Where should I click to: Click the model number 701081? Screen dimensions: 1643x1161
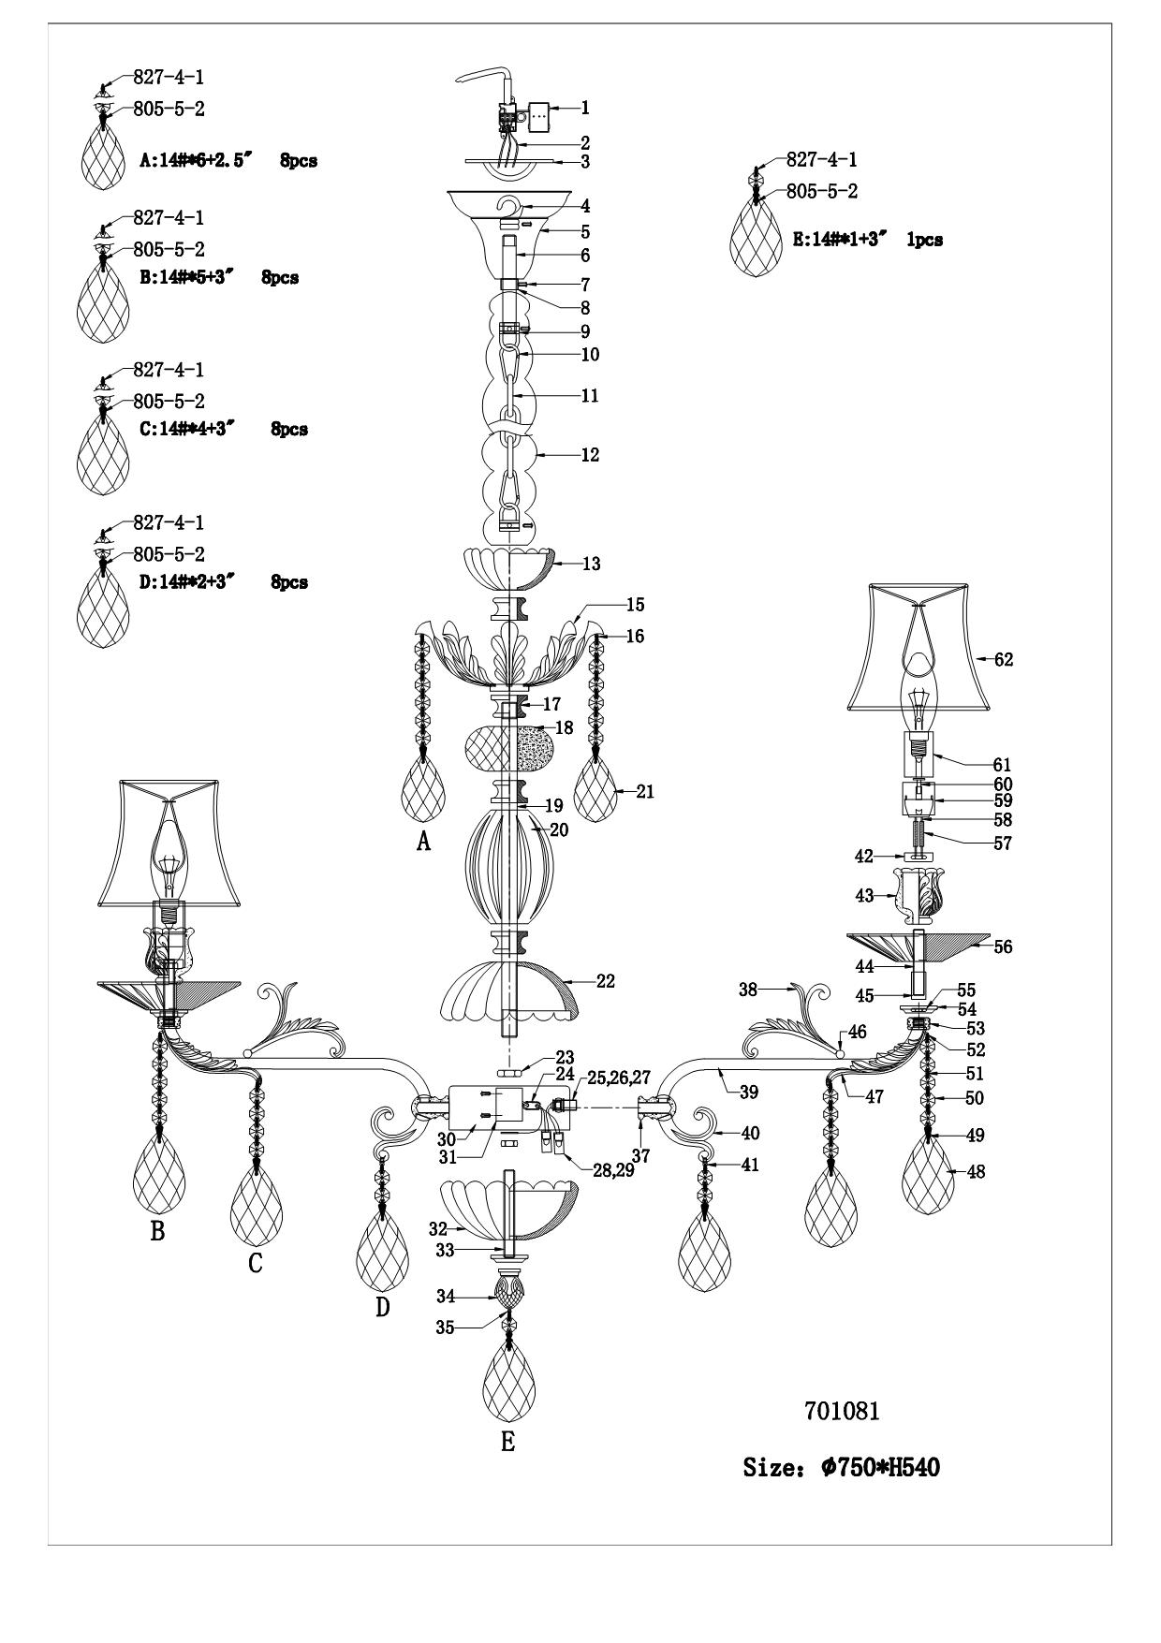tap(842, 1412)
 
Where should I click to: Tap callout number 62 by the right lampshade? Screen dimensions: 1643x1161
tap(1003, 660)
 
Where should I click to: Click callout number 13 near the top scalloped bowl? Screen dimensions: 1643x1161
tap(591, 565)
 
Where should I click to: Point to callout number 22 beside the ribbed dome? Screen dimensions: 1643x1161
tap(606, 982)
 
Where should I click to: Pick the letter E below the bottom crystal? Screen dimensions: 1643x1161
tap(507, 1443)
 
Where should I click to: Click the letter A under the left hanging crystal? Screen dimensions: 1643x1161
tap(423, 843)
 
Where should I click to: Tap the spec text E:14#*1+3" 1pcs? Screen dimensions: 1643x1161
tap(867, 240)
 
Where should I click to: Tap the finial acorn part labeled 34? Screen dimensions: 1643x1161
tap(508, 1297)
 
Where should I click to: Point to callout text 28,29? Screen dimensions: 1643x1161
tap(612, 1168)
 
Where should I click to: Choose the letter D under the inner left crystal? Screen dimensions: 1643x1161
tap(382, 1306)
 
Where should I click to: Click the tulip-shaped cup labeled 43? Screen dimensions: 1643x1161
tap(917, 894)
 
